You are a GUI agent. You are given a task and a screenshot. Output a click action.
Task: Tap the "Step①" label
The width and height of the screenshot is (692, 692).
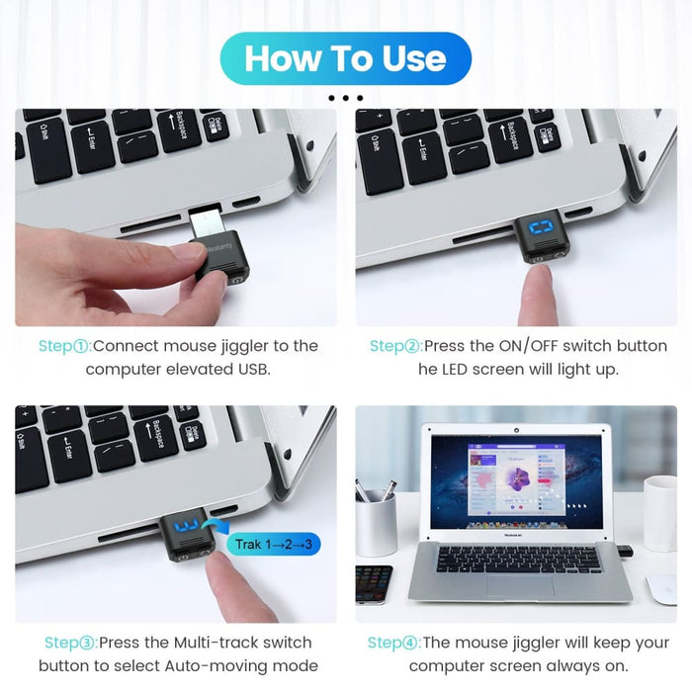click(64, 346)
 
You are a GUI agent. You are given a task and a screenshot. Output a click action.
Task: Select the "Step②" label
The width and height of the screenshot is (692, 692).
click(395, 346)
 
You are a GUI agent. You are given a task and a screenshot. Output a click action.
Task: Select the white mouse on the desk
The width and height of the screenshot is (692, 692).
click(661, 587)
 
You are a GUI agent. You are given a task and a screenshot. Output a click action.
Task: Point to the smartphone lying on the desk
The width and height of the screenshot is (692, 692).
click(374, 583)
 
